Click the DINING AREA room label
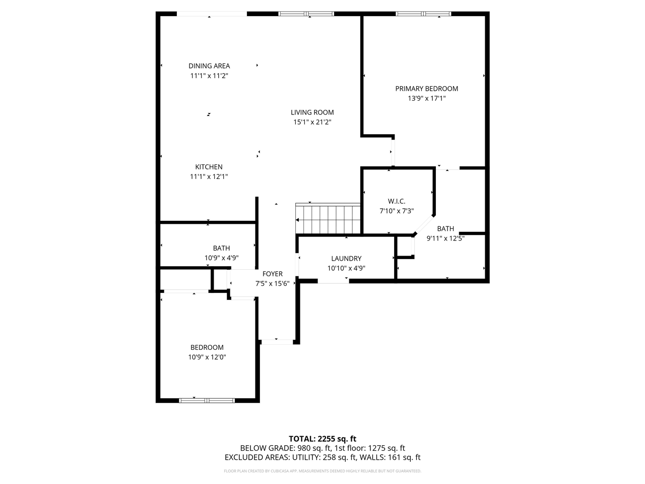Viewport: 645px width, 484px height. pos(209,66)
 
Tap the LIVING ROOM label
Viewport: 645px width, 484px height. pos(312,112)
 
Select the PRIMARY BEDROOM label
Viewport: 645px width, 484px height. pos(426,89)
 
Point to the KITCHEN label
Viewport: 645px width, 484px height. pos(209,167)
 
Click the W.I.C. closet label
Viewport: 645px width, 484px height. pos(397,201)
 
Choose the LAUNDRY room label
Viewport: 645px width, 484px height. pos(346,259)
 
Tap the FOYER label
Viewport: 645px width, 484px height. pos(273,274)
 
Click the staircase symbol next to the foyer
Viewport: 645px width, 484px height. pos(328,219)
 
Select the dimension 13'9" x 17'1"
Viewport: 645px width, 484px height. pos(426,99)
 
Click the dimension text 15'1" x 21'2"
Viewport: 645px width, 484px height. pos(312,122)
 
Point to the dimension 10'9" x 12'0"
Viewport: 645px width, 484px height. pos(207,357)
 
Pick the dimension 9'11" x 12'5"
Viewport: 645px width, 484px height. pos(445,238)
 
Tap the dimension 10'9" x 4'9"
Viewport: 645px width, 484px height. pos(221,258)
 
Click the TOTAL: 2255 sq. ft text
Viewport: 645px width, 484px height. pos(322,439)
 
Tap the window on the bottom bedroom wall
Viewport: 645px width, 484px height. pos(207,400)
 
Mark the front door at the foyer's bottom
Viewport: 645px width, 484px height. pos(277,342)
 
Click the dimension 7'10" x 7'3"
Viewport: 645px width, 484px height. pos(397,211)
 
